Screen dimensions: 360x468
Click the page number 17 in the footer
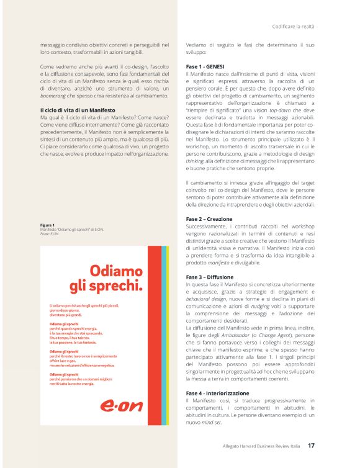(312, 445)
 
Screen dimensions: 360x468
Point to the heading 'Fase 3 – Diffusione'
(209, 277)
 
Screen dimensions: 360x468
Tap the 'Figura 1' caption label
(47, 225)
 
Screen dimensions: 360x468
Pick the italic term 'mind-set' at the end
(214, 422)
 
